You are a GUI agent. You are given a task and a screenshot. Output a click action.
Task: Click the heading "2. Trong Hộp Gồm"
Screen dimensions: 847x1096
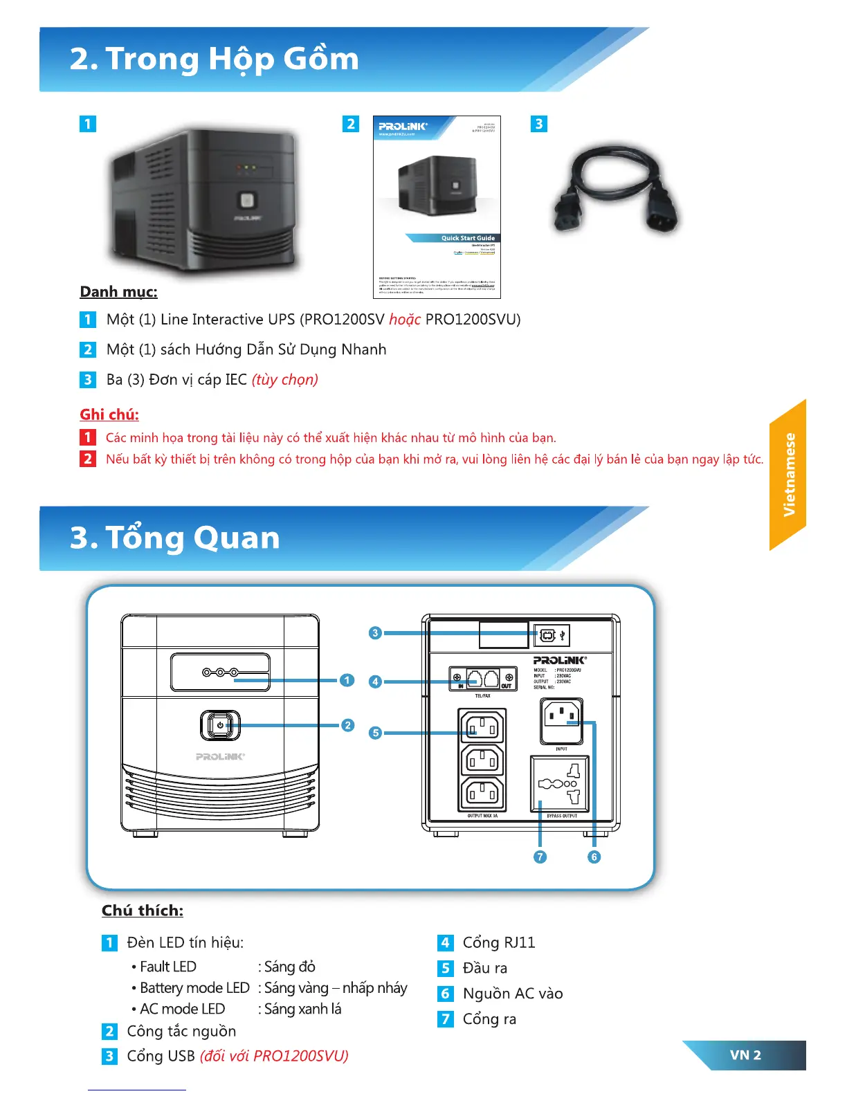coord(215,60)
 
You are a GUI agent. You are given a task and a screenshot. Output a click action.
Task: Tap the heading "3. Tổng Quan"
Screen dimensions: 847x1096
coord(175,538)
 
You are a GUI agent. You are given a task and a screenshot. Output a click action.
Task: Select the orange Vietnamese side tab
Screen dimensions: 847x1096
coord(788,475)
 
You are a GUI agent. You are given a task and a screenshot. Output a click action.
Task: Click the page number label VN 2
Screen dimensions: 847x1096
coord(745,1055)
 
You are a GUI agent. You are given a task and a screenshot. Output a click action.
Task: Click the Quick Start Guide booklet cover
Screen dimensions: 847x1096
coord(437,207)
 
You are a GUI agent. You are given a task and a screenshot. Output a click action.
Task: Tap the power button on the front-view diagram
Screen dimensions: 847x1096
coord(219,725)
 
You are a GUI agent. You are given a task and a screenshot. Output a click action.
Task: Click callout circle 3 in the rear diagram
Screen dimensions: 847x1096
coord(375,632)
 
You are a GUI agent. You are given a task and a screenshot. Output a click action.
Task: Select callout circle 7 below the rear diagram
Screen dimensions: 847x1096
coord(540,857)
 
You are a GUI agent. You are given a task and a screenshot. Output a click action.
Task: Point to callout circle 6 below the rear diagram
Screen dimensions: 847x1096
coord(594,857)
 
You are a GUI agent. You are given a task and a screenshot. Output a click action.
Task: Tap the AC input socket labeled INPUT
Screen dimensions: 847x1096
coord(561,721)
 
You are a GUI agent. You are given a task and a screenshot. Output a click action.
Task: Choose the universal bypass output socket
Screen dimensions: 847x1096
coord(560,783)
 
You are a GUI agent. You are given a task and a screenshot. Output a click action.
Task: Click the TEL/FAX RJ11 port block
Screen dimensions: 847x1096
coord(483,677)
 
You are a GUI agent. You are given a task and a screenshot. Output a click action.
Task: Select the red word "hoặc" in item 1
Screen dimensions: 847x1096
coord(405,320)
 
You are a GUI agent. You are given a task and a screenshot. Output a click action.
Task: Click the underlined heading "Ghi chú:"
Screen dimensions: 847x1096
coord(109,414)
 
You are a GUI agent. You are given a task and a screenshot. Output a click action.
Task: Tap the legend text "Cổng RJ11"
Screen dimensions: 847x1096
coord(498,942)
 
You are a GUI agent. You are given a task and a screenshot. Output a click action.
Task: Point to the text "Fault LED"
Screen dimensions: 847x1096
coord(168,967)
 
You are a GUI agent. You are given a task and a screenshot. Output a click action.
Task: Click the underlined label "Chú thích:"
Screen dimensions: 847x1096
coord(143,911)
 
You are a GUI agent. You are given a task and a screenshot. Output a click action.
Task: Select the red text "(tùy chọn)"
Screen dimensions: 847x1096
coord(284,380)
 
